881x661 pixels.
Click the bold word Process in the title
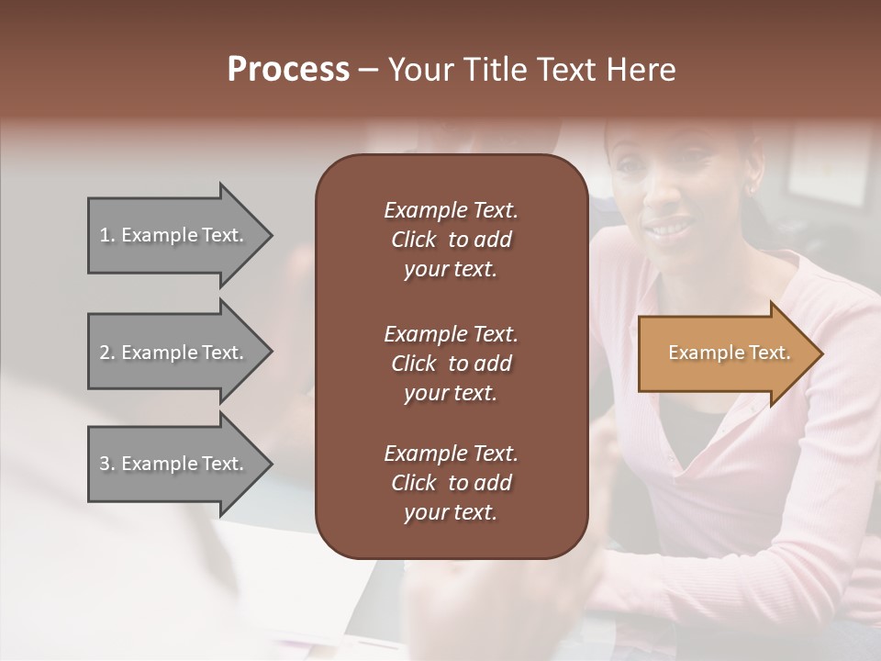(288, 70)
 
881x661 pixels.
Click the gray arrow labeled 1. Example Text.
(174, 235)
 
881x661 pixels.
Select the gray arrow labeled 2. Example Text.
(174, 353)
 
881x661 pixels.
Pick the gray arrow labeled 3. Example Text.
(174, 464)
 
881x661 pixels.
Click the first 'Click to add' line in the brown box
(451, 240)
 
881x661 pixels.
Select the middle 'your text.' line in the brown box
(451, 393)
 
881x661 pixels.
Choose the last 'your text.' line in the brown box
(451, 513)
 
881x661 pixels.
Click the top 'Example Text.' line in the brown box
(451, 210)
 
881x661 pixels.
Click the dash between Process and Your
(368, 70)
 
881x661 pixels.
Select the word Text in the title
(564, 70)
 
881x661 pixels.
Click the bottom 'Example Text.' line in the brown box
(451, 454)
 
